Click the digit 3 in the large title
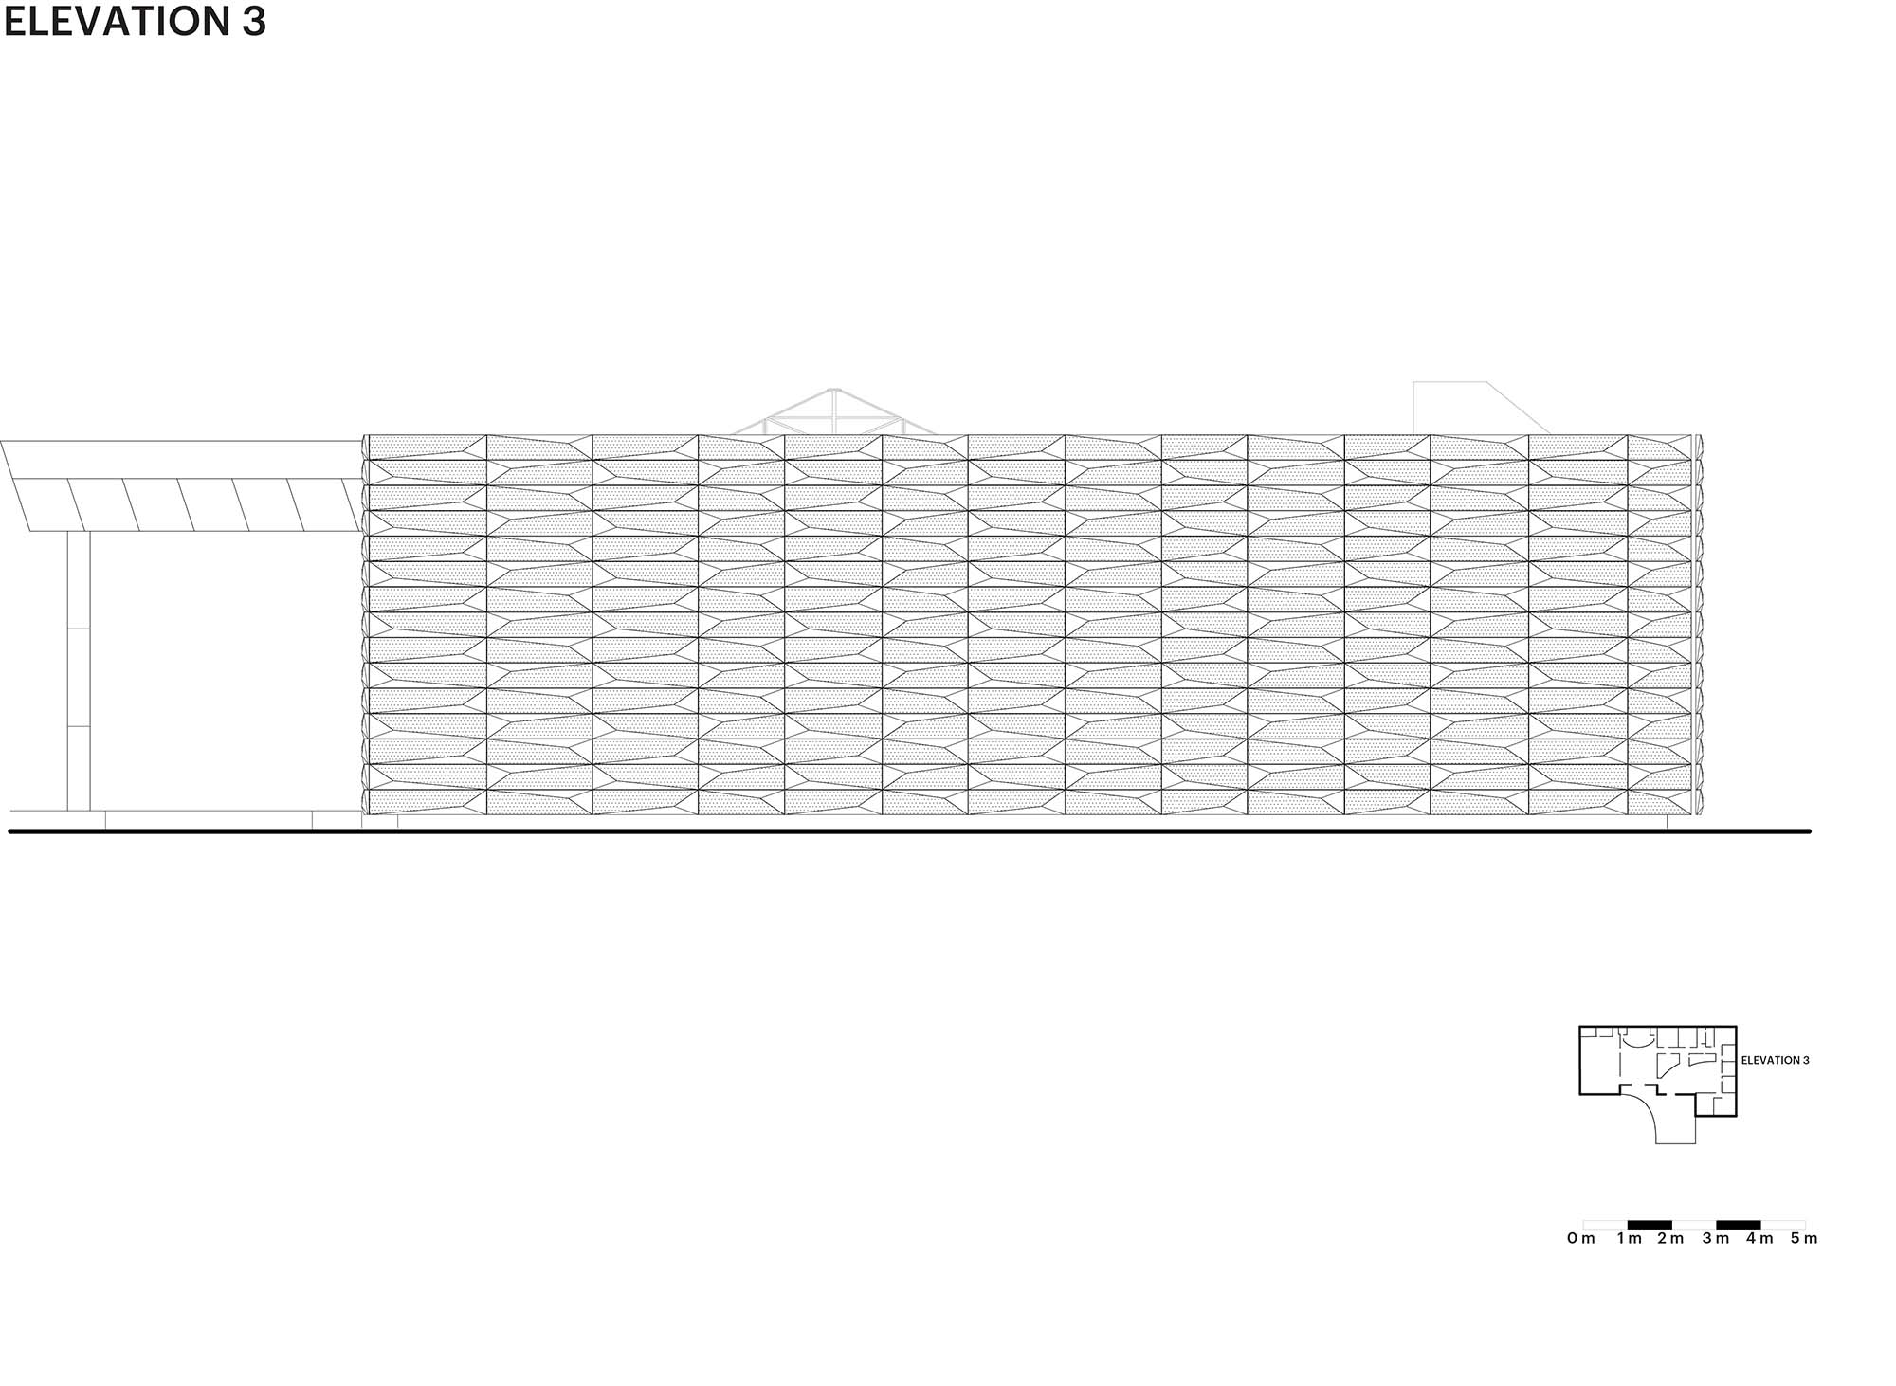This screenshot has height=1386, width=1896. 252,21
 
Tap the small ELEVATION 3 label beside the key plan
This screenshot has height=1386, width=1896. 1775,1060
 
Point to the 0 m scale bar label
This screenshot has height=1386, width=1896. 1581,1238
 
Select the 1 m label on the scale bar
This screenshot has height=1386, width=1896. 1630,1238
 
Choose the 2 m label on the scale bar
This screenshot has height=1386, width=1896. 1671,1238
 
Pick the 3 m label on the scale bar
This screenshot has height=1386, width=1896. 1716,1238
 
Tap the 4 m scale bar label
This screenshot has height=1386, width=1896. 1759,1238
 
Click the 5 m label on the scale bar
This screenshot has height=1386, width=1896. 1804,1238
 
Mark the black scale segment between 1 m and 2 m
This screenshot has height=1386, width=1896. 1650,1225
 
